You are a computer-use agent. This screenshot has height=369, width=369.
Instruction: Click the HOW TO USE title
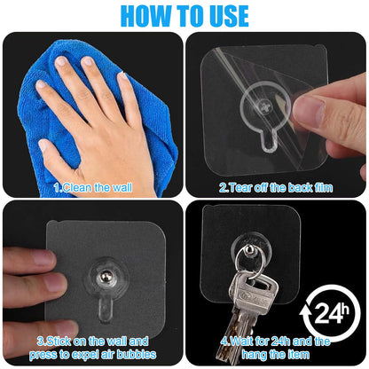(x=184, y=15)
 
